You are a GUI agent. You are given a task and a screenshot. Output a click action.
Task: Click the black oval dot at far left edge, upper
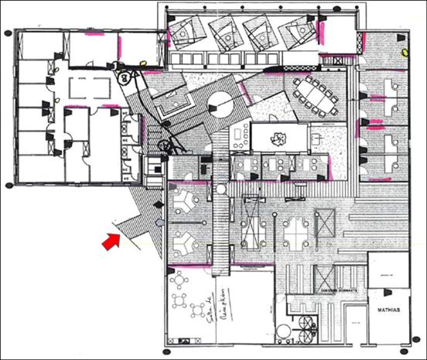tap(8, 34)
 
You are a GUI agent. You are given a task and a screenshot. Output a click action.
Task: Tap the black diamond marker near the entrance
tap(159, 204)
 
